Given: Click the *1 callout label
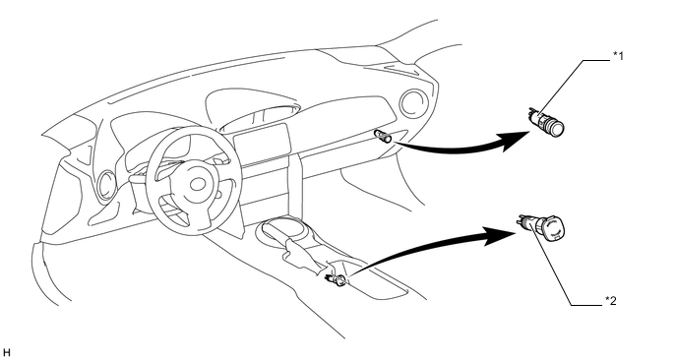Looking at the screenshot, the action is coord(618,56).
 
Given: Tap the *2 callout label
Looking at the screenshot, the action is coord(610,300).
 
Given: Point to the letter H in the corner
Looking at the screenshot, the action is coord(6,353).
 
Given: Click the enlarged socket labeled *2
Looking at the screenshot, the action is coord(540,227).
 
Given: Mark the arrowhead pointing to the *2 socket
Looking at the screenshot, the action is coord(501,236).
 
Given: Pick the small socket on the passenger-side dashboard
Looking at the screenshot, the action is coord(383,136).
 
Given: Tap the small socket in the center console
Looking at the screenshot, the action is coord(336,280).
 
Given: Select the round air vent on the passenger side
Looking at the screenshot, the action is coord(413,103).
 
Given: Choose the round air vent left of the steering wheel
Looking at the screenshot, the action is coord(106,185).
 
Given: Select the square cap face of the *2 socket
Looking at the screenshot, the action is coord(554,229).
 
